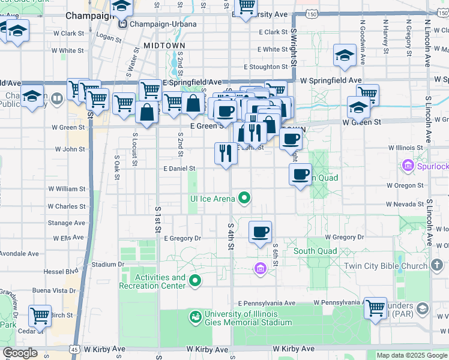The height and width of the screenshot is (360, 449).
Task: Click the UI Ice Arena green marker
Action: [x=244, y=197]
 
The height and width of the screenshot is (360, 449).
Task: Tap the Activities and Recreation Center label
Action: [x=160, y=281]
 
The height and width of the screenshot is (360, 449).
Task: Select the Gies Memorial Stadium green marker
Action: [x=195, y=316]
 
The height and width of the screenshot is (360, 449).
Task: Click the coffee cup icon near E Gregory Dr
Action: [x=260, y=232]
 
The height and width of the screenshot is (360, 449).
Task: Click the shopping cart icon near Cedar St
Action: [x=40, y=315]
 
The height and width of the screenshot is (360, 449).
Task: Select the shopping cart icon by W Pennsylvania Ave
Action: [x=375, y=308]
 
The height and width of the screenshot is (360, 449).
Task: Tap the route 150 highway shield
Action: [x=310, y=13]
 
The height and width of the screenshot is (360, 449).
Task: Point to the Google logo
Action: [x=20, y=353]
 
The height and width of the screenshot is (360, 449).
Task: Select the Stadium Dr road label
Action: [x=108, y=264]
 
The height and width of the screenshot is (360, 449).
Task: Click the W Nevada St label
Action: [x=405, y=204]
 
